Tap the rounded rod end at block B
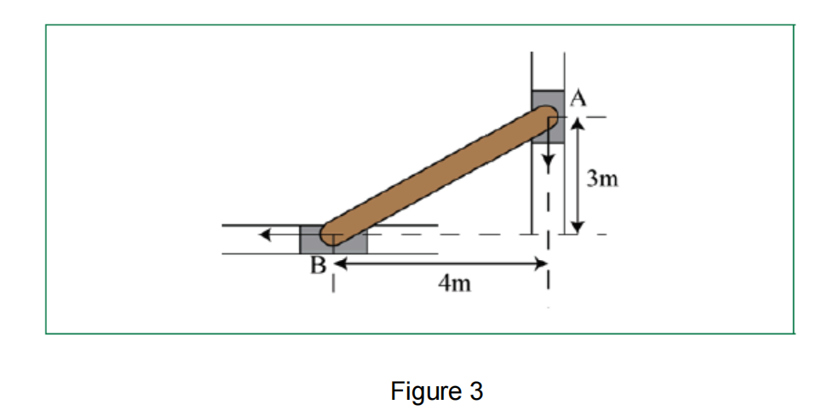pyautogui.click(x=332, y=232)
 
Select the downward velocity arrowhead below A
pyautogui.click(x=548, y=159)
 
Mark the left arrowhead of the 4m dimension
pyautogui.click(x=338, y=263)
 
